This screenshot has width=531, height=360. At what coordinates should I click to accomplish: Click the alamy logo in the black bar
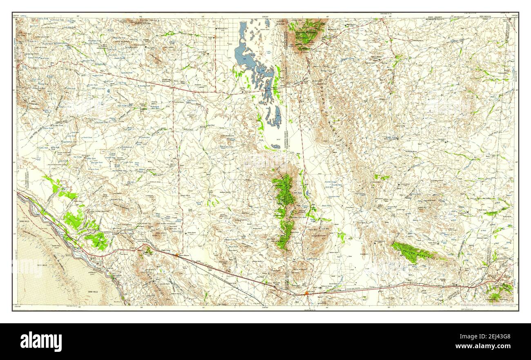(41, 341)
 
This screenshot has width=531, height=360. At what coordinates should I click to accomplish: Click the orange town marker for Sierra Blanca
(176, 255)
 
